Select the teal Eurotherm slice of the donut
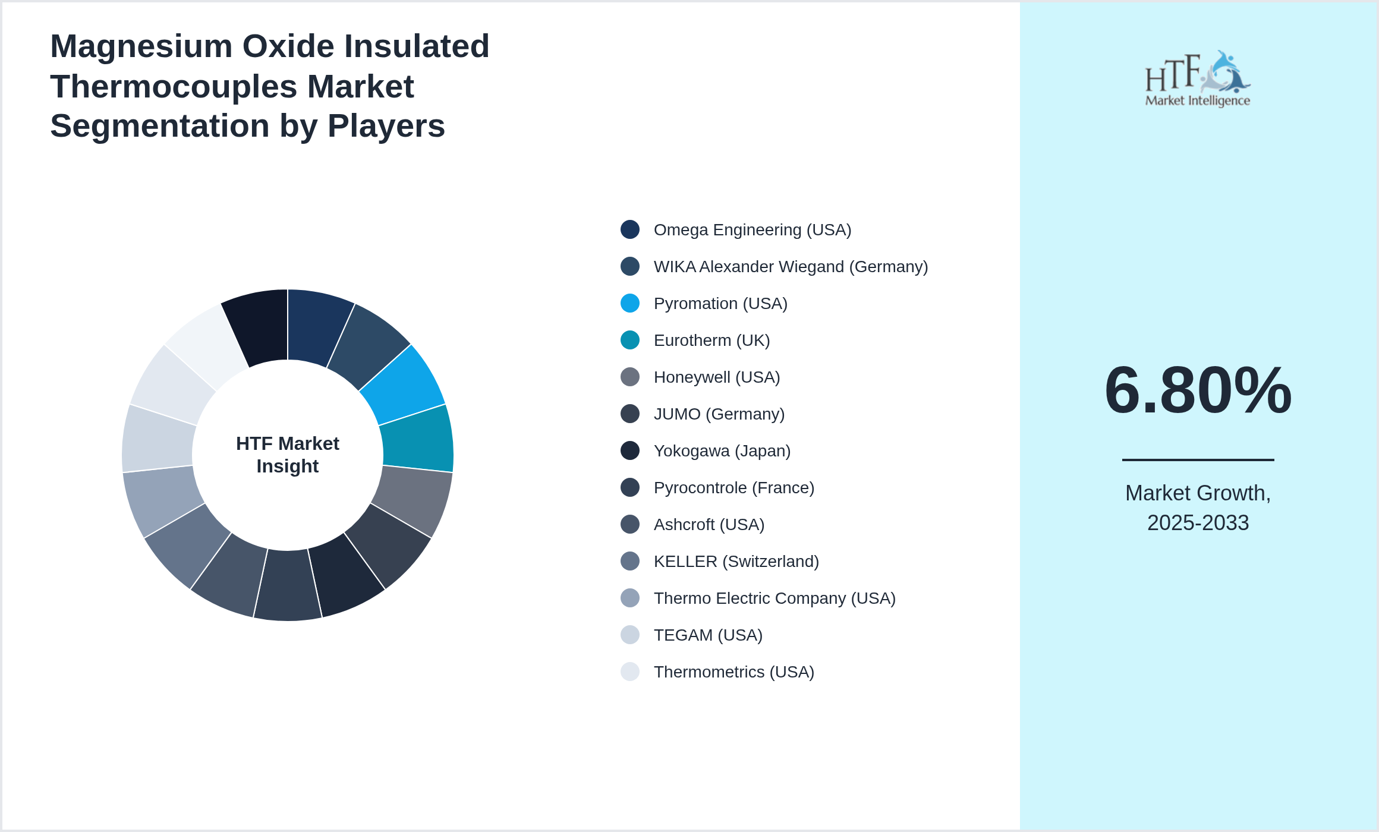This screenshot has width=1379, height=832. [x=417, y=439]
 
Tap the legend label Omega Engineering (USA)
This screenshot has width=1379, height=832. [x=752, y=230]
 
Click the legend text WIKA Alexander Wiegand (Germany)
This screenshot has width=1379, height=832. [x=791, y=267]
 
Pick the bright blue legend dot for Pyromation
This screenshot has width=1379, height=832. [x=629, y=303]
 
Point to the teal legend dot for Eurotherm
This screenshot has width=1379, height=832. [x=629, y=340]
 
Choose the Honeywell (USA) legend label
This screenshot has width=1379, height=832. [x=716, y=377]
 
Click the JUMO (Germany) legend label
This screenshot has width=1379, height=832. [x=719, y=414]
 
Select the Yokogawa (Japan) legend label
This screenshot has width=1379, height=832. [x=722, y=451]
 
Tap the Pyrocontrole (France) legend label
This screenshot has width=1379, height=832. [x=733, y=488]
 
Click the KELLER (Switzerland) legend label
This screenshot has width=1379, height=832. [x=736, y=562]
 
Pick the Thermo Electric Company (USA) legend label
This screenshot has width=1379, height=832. [x=774, y=598]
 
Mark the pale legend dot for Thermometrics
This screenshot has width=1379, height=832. [x=629, y=672]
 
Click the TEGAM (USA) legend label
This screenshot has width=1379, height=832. [x=707, y=635]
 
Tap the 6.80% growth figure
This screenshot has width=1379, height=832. [x=1198, y=390]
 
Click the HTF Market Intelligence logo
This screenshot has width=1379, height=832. [x=1198, y=79]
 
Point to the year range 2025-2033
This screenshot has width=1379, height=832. [x=1198, y=523]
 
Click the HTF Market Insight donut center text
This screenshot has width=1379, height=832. [x=288, y=455]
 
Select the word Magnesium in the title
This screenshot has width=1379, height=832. [x=141, y=46]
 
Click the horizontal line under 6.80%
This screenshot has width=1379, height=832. [x=1198, y=459]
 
